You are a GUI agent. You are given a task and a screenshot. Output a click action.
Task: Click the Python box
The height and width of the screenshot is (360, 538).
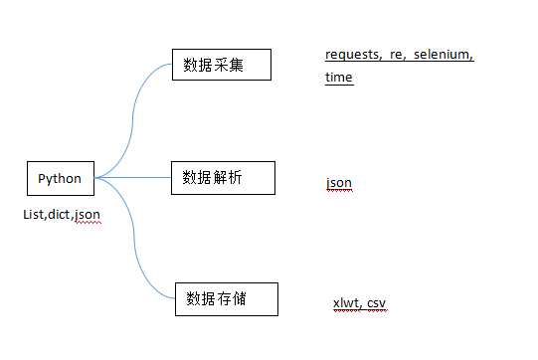[x=59, y=179]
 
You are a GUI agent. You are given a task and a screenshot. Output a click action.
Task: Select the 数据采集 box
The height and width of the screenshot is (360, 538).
[x=221, y=66]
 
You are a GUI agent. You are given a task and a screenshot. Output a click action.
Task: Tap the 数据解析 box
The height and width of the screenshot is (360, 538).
[x=221, y=177]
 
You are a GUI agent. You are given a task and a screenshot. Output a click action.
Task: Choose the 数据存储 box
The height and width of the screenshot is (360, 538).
[x=226, y=299]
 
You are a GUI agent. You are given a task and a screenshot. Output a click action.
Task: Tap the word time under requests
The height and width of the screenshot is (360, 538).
[x=339, y=78]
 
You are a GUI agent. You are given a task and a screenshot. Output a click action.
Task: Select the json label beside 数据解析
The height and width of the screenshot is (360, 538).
[x=338, y=184]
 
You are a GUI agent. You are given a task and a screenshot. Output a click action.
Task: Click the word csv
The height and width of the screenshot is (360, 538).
[x=377, y=303]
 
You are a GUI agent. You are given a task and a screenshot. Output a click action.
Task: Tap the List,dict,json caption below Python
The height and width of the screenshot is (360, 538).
[x=62, y=214]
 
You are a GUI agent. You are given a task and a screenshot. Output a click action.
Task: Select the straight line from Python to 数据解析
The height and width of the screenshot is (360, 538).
[x=134, y=178]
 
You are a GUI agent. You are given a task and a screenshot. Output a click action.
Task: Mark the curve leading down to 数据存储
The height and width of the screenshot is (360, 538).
[x=135, y=249]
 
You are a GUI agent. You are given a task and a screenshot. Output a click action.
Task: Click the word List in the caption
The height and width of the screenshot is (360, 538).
[x=34, y=214]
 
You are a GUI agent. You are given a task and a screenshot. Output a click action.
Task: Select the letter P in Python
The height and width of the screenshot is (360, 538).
[x=42, y=179]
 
